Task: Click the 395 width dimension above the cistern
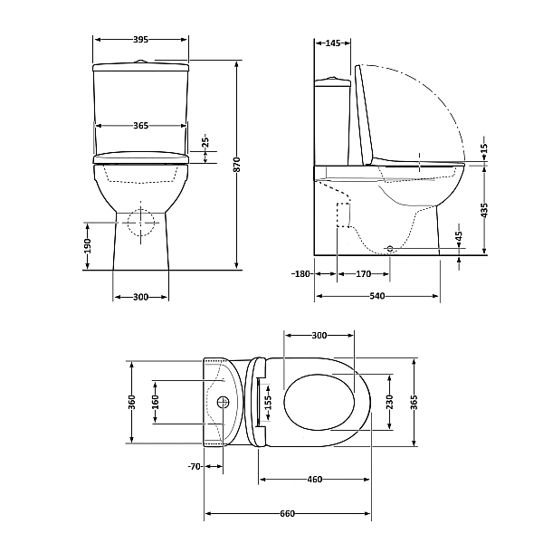click(x=141, y=40)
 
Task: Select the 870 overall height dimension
click(x=237, y=164)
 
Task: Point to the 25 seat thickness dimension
click(x=205, y=142)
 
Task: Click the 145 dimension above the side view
click(x=331, y=43)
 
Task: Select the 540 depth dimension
click(x=378, y=296)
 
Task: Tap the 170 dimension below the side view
click(x=364, y=273)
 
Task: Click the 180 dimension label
click(x=301, y=273)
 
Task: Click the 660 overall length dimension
click(x=288, y=514)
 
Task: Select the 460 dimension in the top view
click(x=315, y=479)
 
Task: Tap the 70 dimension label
click(x=193, y=467)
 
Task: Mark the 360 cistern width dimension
click(x=131, y=401)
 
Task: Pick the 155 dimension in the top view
click(x=267, y=401)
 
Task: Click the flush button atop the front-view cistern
click(x=141, y=62)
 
